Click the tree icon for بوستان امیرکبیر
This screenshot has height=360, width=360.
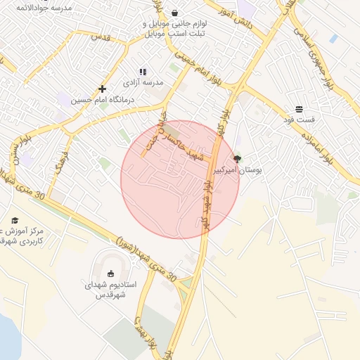pos(236,159)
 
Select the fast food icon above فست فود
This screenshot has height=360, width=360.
pos(300,109)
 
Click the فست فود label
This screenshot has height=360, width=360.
pos(300,120)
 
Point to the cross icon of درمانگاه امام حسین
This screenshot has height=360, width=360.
pos(103,89)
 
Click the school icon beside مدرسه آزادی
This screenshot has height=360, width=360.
pos(143,72)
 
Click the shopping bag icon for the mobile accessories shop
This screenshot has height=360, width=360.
pos(174,13)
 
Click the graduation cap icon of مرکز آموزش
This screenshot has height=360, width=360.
pos(15,220)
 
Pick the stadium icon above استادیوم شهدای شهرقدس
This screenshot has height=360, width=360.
pos(110,274)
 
